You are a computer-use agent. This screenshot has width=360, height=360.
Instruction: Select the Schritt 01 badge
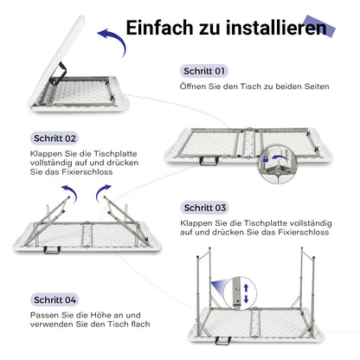pyautogui.click(x=205, y=71)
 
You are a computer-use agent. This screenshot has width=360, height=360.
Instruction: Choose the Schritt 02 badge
pyautogui.click(x=55, y=138)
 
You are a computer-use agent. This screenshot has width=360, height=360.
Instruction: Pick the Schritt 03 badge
pyautogui.click(x=205, y=208)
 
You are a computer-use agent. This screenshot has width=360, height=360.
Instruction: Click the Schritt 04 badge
pyautogui.click(x=55, y=298)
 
